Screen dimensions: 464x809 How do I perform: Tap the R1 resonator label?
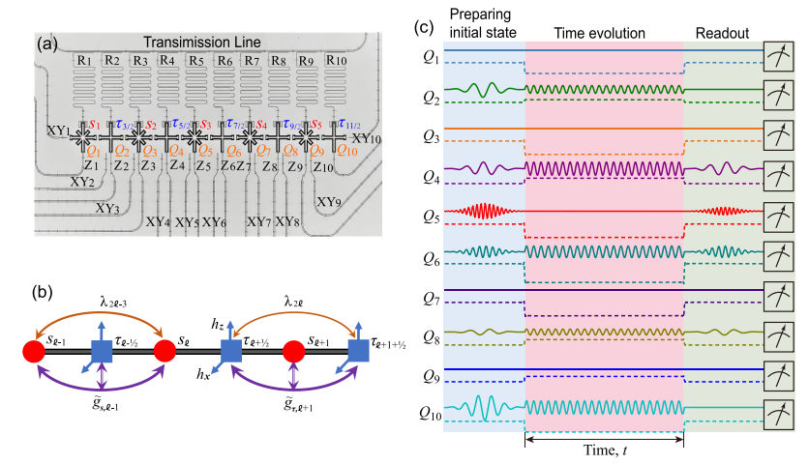(x=85, y=61)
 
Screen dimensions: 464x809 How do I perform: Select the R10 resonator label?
(x=337, y=61)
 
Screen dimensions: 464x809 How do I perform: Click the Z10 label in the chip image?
(x=321, y=166)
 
